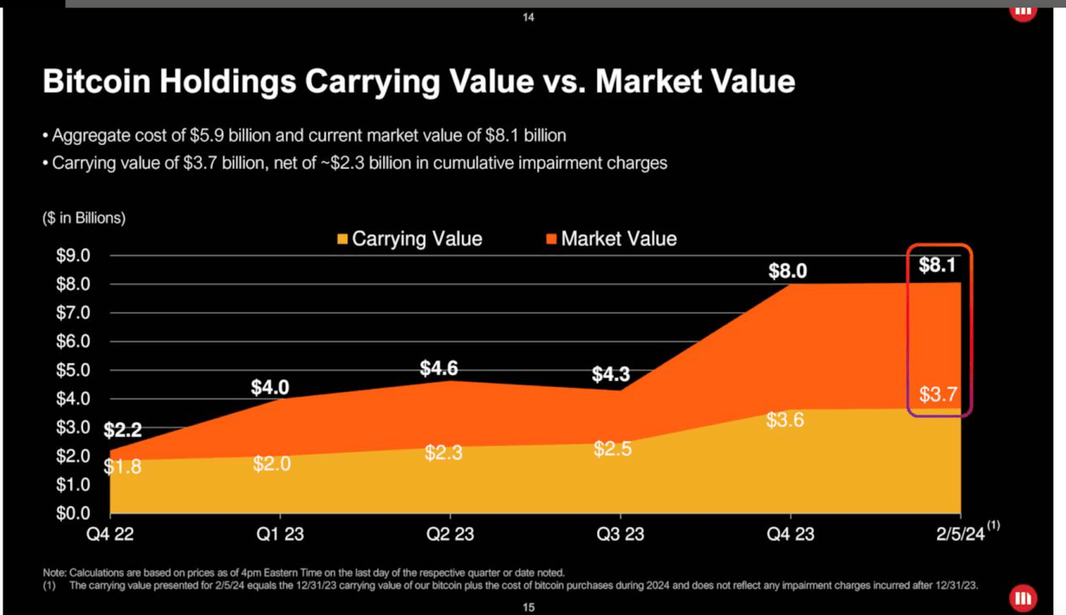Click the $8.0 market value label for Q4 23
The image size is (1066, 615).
pyautogui.click(x=787, y=271)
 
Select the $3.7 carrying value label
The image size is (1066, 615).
pyautogui.click(x=939, y=394)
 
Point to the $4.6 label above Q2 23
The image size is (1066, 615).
pyautogui.click(x=439, y=369)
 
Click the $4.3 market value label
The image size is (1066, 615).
pyautogui.click(x=611, y=375)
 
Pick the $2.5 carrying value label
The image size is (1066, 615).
pyautogui.click(x=612, y=449)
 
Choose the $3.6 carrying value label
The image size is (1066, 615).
pyautogui.click(x=785, y=420)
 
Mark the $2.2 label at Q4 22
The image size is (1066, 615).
pyautogui.click(x=122, y=431)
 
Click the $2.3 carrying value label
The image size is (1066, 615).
pyautogui.click(x=443, y=454)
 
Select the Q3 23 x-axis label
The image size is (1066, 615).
pyautogui.click(x=620, y=534)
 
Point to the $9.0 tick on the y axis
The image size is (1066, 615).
pyautogui.click(x=72, y=255)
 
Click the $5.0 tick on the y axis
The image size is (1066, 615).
pyautogui.click(x=72, y=370)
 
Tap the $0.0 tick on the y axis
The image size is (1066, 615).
pyautogui.click(x=72, y=513)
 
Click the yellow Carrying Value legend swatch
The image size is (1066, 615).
pyautogui.click(x=342, y=240)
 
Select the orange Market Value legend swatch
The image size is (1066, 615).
pyautogui.click(x=550, y=240)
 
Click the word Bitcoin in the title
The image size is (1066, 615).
pyautogui.click(x=98, y=82)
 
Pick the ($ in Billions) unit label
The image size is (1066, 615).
pyautogui.click(x=84, y=218)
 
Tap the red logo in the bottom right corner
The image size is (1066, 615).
pyautogui.click(x=1022, y=598)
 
